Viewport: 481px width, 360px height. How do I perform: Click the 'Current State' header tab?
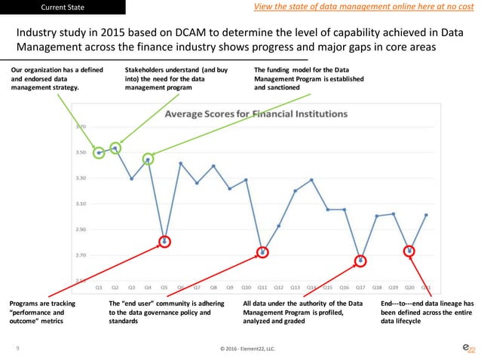(x=63, y=8)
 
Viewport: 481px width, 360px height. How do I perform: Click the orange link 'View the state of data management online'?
(x=354, y=8)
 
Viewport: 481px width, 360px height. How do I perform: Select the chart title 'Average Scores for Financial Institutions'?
(x=257, y=115)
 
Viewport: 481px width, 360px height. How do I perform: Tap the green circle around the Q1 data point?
(x=99, y=153)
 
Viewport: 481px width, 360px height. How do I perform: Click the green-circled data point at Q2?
(x=115, y=148)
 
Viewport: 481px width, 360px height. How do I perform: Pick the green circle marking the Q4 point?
(x=149, y=160)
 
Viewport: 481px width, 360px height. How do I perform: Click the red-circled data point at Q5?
(x=165, y=242)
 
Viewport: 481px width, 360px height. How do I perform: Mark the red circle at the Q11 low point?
(x=263, y=252)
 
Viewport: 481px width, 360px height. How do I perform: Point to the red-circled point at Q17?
(x=361, y=261)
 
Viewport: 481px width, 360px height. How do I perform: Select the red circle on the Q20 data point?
(x=410, y=251)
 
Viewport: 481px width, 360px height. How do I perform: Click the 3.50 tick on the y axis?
(x=81, y=152)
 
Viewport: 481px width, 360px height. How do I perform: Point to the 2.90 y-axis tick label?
(x=81, y=230)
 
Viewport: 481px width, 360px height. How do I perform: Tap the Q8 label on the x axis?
(x=213, y=287)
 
